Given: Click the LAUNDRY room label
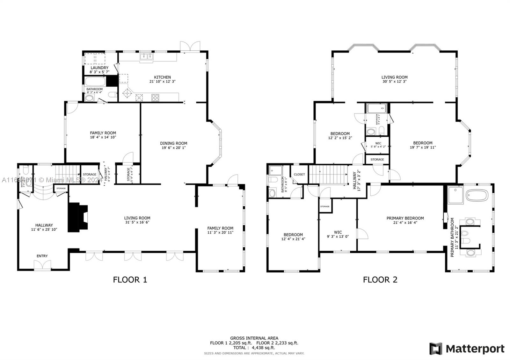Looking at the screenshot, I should point(99,68).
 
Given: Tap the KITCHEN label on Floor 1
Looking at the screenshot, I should point(162,77).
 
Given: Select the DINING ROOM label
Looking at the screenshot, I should point(173,143).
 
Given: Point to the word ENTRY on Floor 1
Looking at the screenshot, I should point(42,256).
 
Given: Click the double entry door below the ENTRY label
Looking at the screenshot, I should point(42,265).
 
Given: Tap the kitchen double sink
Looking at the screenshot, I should point(147,57).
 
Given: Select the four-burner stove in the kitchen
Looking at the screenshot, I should point(155,97).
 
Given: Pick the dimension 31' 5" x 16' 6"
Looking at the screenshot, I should point(137,222).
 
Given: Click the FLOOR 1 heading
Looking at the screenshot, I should point(130,280).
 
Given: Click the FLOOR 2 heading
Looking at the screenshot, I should point(380,280).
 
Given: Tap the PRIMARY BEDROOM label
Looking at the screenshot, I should point(405,218).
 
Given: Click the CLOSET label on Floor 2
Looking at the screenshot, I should point(299,175).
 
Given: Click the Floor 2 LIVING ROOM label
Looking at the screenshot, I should point(394,77).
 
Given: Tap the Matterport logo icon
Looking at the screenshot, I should point(436,349).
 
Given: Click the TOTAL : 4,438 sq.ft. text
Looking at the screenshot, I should point(254,348).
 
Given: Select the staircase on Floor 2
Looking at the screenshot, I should point(328,175).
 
